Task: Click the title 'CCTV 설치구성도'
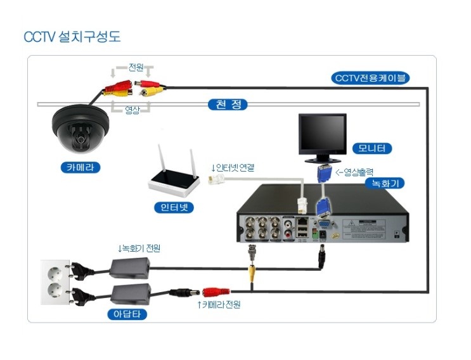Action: click(72, 37)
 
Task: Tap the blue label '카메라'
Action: click(81, 168)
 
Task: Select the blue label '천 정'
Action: click(228, 105)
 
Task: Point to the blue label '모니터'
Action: click(371, 149)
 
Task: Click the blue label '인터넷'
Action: click(174, 207)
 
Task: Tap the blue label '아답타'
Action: click(126, 313)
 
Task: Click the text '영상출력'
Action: click(359, 171)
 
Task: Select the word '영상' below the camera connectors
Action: click(131, 110)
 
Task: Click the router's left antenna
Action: click(163, 161)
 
